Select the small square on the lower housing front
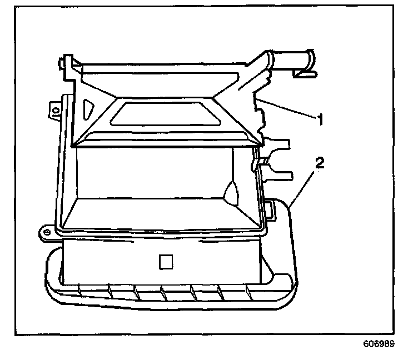[166, 262]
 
